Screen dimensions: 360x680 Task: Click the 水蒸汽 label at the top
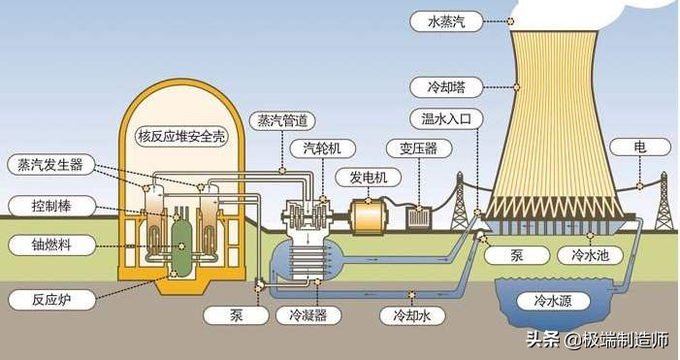pos(440,20)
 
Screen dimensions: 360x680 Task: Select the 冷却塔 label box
pos(439,86)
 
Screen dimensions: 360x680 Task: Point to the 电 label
pos(639,148)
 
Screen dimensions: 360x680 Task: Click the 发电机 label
pos(361,178)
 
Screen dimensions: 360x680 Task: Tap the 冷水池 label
pos(585,255)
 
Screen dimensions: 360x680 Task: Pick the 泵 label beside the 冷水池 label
pos(518,255)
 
